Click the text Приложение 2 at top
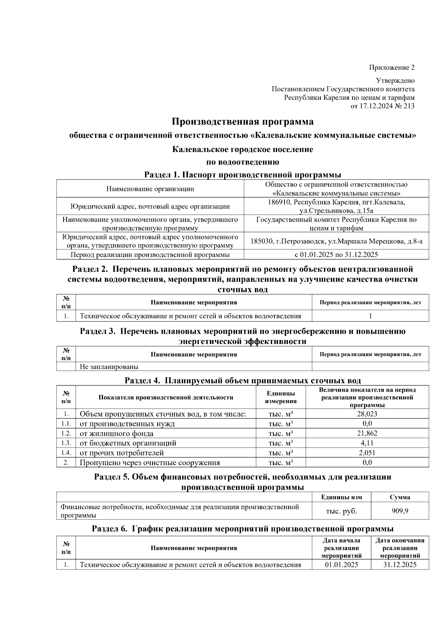392,68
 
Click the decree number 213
408,106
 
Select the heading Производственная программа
243,122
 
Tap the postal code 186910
278,202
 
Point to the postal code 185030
262,241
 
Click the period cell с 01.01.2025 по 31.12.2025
336,254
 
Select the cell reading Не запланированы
109,366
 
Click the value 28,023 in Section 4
367,414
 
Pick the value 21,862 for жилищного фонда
367,433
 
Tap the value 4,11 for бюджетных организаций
367,443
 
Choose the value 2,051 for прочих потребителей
367,453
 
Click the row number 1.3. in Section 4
66,443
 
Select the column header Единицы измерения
281,397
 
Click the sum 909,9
400,511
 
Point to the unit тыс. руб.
341,511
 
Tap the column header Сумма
400,497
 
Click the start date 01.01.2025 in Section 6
341,565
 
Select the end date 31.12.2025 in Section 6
400,565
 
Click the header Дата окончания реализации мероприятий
400,548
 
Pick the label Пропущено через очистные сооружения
150,463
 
